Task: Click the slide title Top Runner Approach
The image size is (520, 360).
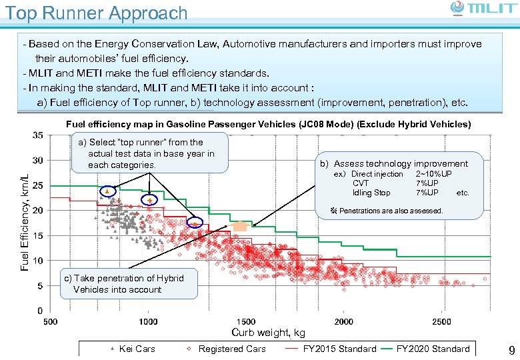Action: click(96, 13)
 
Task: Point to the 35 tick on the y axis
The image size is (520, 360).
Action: click(39, 135)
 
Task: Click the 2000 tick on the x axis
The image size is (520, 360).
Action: click(344, 322)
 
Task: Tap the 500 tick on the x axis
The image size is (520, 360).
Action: click(50, 322)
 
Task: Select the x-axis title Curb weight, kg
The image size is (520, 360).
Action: click(268, 333)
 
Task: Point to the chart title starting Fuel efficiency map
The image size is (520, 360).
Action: click(268, 125)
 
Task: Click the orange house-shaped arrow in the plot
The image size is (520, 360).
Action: click(240, 225)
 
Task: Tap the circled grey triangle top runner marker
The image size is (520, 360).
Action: click(108, 191)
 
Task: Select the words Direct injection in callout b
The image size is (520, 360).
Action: click(377, 174)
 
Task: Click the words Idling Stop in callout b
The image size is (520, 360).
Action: click(371, 193)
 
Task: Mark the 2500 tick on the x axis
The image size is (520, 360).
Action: click(441, 322)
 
